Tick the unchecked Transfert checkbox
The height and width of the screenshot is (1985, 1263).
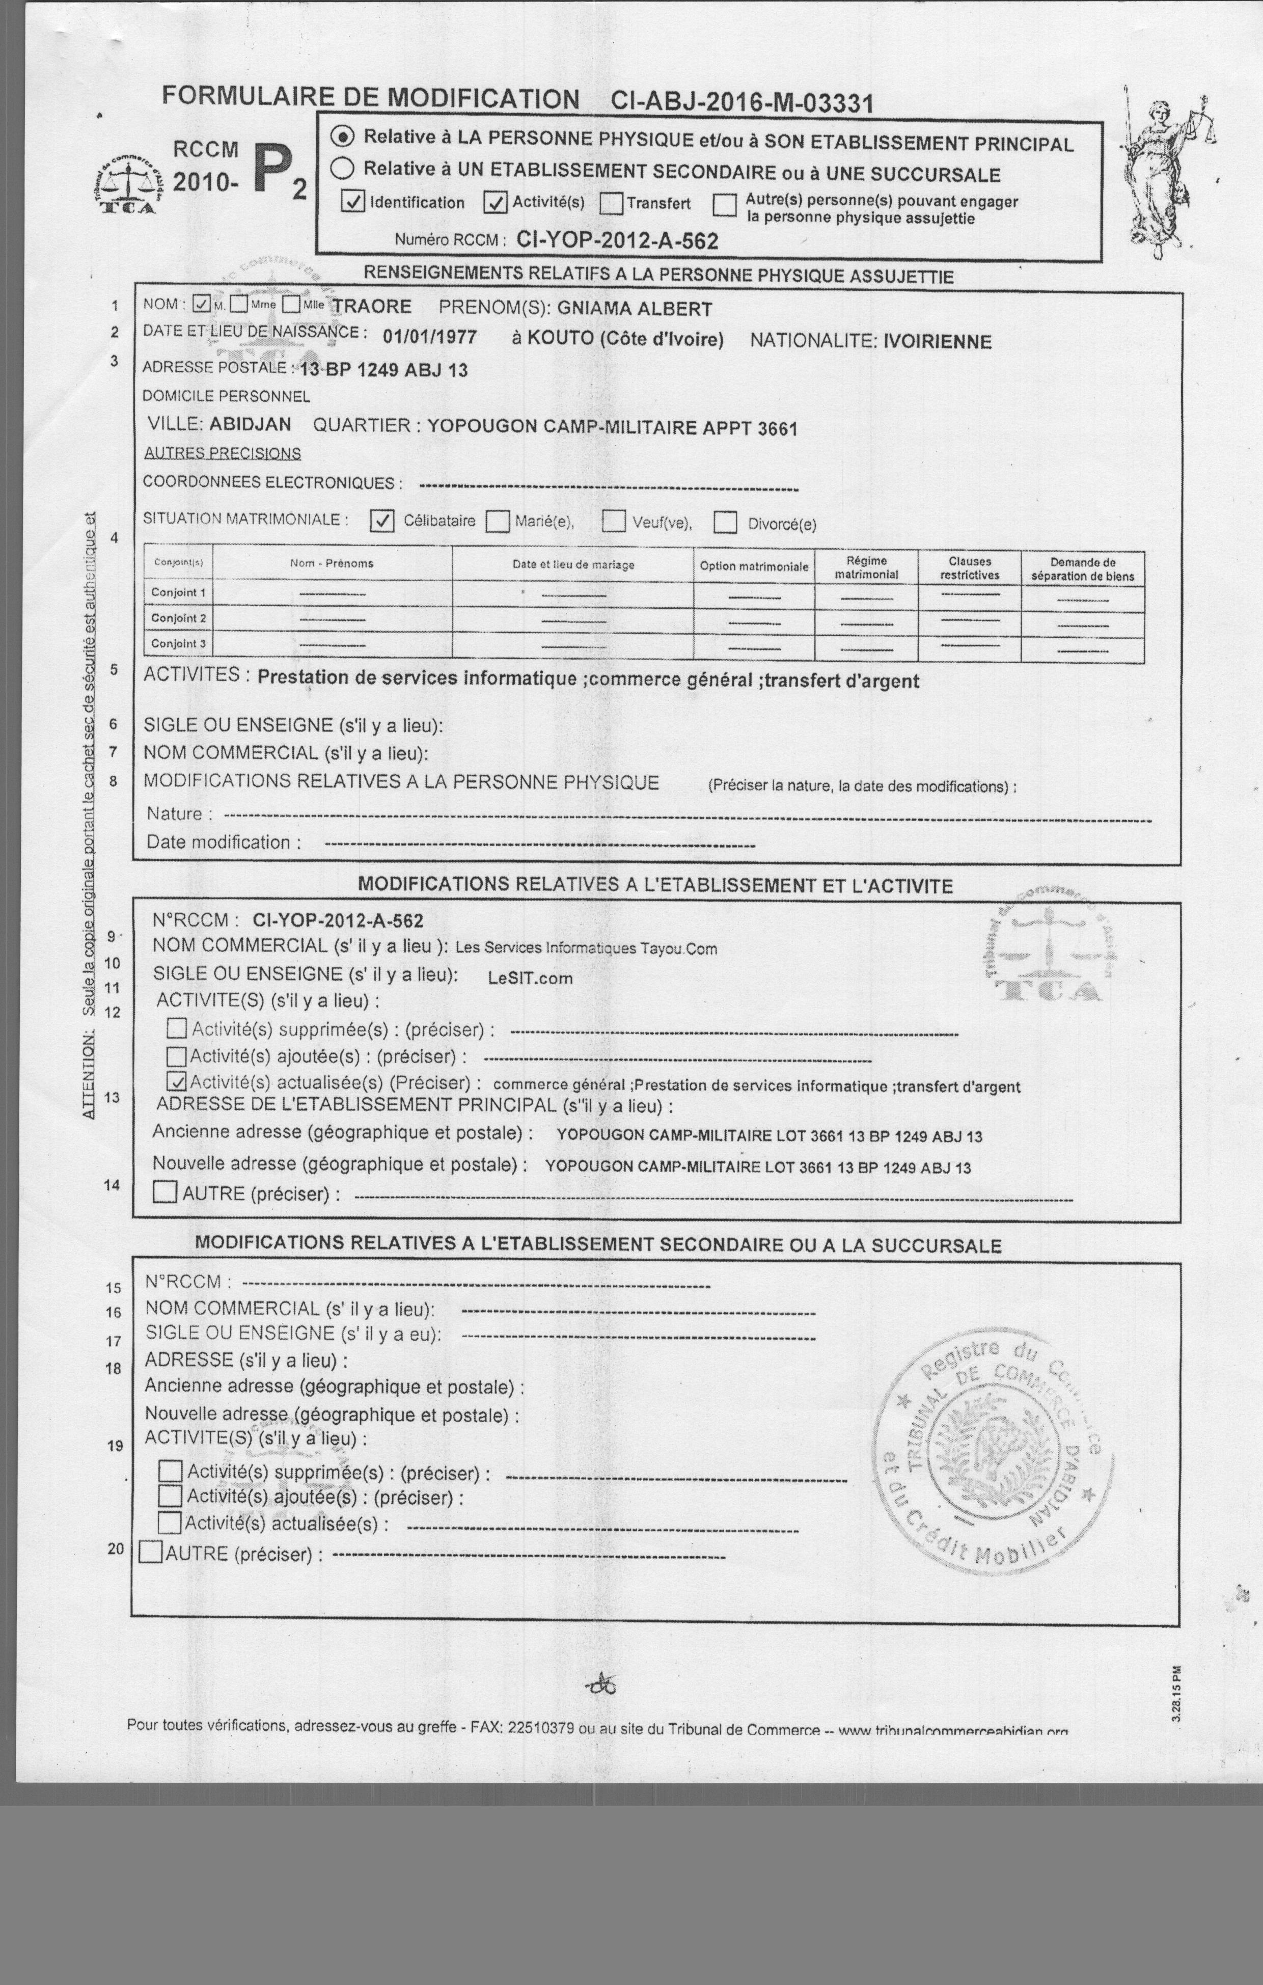click(611, 203)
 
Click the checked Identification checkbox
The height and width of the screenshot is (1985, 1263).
click(353, 202)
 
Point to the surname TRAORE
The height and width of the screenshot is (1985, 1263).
click(372, 307)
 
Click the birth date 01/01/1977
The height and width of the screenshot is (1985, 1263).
click(429, 337)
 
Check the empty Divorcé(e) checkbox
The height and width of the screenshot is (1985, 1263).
click(726, 523)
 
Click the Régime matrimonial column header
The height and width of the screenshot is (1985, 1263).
click(866, 567)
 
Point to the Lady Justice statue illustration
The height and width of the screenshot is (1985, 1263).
click(1163, 169)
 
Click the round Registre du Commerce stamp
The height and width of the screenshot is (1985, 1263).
click(994, 1459)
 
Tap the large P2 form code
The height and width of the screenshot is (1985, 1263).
click(279, 171)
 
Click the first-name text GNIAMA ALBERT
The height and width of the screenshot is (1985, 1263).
click(635, 309)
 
